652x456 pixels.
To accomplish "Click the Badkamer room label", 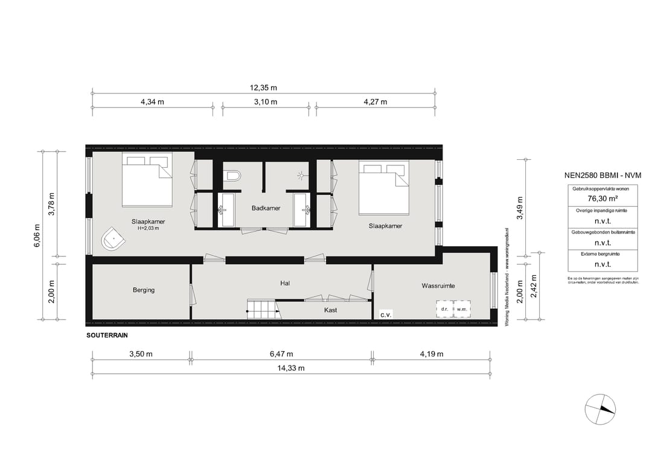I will point(266,208).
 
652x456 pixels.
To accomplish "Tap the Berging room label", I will point(144,290).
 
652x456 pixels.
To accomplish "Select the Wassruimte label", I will point(438,286).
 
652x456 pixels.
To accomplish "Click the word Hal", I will point(286,282).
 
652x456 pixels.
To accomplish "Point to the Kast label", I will point(330,310).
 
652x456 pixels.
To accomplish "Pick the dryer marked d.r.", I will point(445,309).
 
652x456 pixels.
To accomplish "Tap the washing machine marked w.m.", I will point(462,309).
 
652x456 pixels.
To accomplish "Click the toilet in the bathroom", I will point(232,176).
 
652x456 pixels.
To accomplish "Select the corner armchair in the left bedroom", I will point(113,239).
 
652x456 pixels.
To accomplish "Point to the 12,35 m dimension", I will point(263,87).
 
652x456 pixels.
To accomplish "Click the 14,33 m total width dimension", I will point(292,368).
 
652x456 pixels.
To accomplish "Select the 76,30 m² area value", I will point(595,197).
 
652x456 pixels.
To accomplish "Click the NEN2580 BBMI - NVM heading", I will point(595,176).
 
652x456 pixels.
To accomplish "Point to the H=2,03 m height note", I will point(149,228).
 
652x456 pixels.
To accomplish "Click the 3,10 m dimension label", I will point(266,101).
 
